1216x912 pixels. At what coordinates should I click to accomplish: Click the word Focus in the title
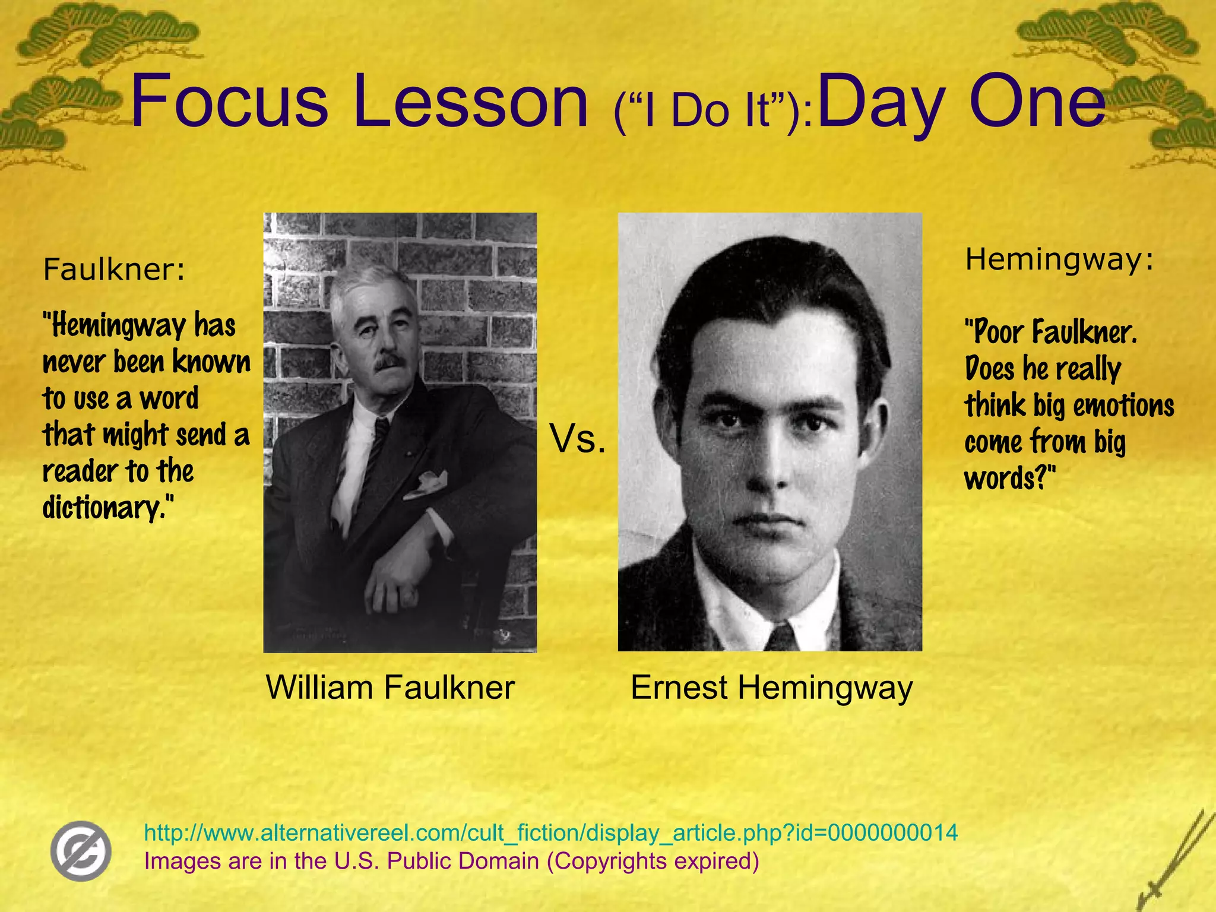(x=229, y=101)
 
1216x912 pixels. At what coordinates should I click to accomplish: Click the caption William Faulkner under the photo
(x=390, y=688)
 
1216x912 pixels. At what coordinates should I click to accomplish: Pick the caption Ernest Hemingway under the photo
(x=771, y=688)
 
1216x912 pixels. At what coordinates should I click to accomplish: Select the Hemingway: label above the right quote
(x=1059, y=259)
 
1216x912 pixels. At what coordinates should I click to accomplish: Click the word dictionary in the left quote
(x=104, y=508)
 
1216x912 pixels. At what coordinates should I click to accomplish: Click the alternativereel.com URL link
(x=550, y=832)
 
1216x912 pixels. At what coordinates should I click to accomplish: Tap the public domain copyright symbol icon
(x=81, y=851)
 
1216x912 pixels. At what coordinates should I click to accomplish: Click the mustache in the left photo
(x=389, y=362)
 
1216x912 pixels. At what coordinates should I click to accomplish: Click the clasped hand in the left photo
(x=392, y=588)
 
